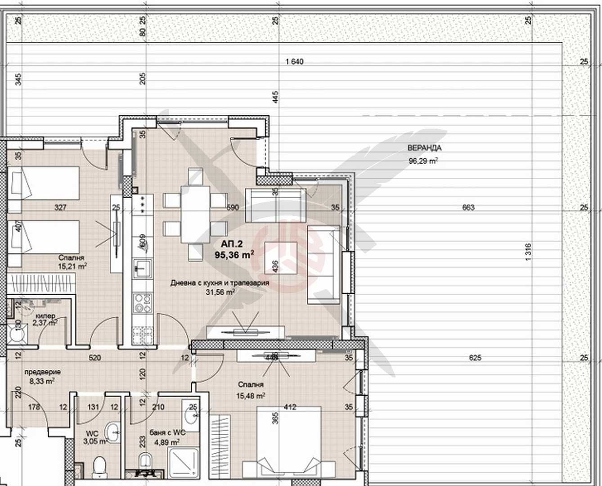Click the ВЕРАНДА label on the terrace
[x=424, y=148]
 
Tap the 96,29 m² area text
[x=423, y=160]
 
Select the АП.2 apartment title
[x=232, y=244]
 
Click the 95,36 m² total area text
[x=234, y=255]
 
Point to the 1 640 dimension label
[x=294, y=62]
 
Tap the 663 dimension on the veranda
[x=468, y=208]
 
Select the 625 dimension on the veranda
[x=475, y=358]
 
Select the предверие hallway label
[x=42, y=372]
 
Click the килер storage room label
[x=45, y=316]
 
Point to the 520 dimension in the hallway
[x=95, y=358]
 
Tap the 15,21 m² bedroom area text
[x=72, y=266]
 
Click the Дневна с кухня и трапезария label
[x=220, y=283]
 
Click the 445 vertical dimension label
[x=275, y=97]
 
